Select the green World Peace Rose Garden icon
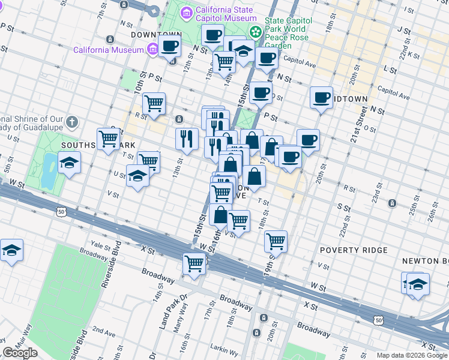click(256, 31)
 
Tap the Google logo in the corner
click(20, 353)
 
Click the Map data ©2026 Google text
click(411, 355)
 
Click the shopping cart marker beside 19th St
click(276, 241)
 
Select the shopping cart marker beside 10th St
click(154, 103)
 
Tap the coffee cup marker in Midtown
click(321, 97)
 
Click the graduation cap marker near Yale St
click(11, 250)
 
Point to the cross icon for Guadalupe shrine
click(71, 122)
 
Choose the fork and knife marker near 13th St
click(187, 139)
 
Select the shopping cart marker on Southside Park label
click(109, 139)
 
